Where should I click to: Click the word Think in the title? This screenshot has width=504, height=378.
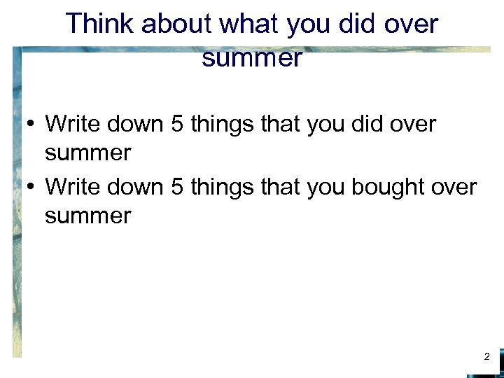[99, 24]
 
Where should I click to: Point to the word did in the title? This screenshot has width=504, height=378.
[361, 24]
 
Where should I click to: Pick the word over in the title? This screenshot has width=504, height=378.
[413, 24]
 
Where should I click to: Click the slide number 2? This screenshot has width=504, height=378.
[487, 357]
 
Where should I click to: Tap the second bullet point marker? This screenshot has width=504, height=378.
[31, 188]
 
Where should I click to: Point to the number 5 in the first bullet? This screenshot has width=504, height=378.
[176, 125]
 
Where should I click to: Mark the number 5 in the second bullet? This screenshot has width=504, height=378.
[176, 187]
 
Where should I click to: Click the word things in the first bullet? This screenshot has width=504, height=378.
[223, 125]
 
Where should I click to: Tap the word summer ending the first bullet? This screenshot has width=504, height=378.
[87, 153]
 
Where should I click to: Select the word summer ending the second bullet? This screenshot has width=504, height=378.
[87, 216]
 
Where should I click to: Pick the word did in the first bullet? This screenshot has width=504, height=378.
[367, 125]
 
